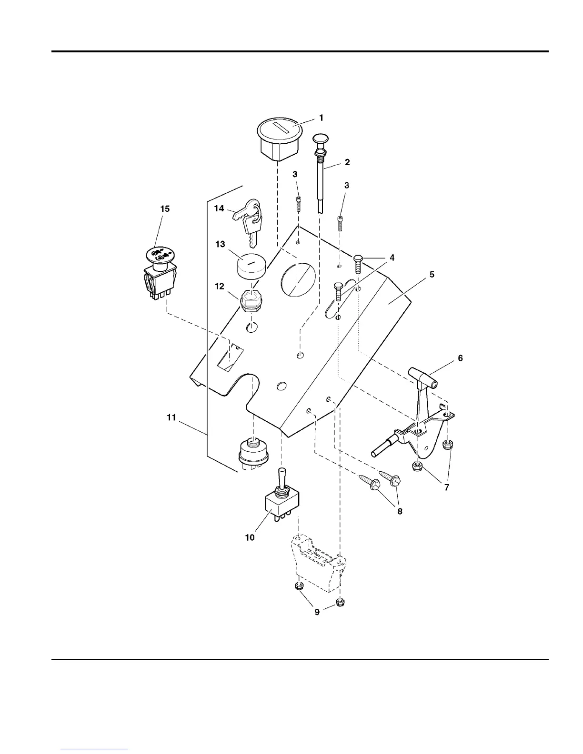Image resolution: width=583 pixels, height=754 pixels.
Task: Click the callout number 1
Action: click(x=321, y=118)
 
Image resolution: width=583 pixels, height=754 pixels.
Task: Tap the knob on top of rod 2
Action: click(x=319, y=139)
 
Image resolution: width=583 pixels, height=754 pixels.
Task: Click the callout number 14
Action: click(x=219, y=208)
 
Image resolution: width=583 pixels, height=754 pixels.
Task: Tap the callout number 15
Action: click(x=165, y=209)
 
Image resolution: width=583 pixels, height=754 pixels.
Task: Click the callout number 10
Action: click(x=250, y=537)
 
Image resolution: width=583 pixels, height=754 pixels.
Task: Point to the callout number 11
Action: click(x=171, y=417)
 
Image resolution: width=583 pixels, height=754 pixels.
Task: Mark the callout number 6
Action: click(x=460, y=358)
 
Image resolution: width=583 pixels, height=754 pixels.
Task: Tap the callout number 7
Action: click(x=446, y=487)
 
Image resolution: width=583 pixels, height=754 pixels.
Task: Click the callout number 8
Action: click(x=400, y=511)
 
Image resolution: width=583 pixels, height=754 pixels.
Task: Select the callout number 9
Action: click(x=317, y=612)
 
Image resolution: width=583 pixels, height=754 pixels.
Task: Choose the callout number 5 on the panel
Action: click(x=432, y=275)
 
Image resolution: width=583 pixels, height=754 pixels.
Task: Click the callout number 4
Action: click(x=392, y=258)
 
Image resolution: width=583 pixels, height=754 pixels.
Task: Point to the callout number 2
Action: click(x=347, y=162)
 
